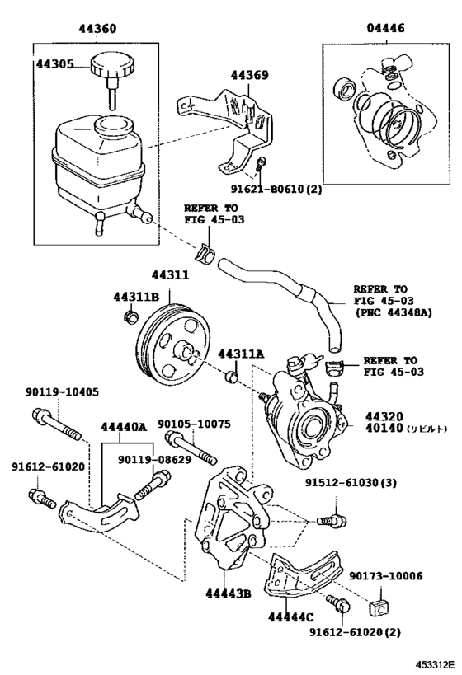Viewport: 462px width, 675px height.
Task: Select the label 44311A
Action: [x=241, y=354]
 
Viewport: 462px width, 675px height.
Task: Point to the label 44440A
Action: [x=124, y=427]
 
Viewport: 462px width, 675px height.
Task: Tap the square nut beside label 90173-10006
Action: [x=379, y=608]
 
